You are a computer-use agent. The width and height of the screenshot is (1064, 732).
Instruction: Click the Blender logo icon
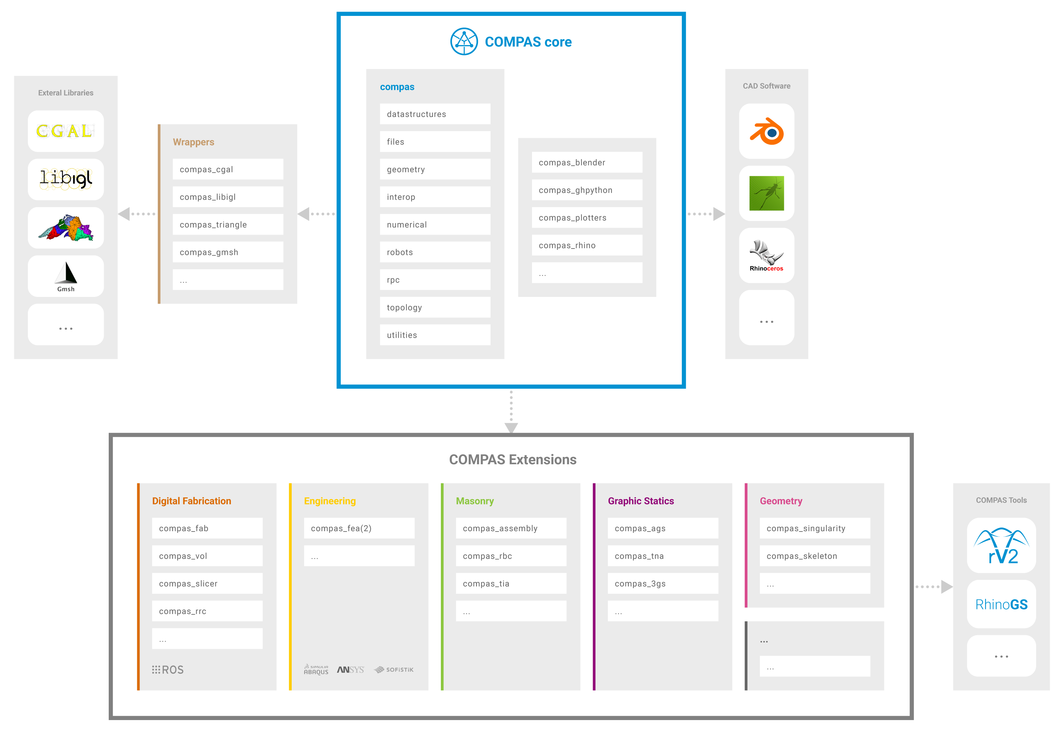766,132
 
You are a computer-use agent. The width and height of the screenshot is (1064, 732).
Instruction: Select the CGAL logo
66,131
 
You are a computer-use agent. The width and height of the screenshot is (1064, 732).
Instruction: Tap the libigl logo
66,179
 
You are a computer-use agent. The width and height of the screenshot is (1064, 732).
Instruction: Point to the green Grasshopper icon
766,193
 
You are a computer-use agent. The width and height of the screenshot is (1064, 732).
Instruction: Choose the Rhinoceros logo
766,255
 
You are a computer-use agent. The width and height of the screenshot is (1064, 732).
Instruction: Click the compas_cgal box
228,169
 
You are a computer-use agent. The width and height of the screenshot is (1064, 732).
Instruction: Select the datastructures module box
435,114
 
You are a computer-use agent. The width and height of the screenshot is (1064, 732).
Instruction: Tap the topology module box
435,307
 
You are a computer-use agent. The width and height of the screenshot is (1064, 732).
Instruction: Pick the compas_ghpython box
586,190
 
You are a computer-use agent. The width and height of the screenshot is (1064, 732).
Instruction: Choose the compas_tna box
663,556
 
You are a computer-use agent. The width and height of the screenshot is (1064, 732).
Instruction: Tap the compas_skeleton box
814,556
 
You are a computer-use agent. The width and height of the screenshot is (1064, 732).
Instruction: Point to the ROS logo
168,670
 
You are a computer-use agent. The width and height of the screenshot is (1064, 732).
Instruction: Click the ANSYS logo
351,670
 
